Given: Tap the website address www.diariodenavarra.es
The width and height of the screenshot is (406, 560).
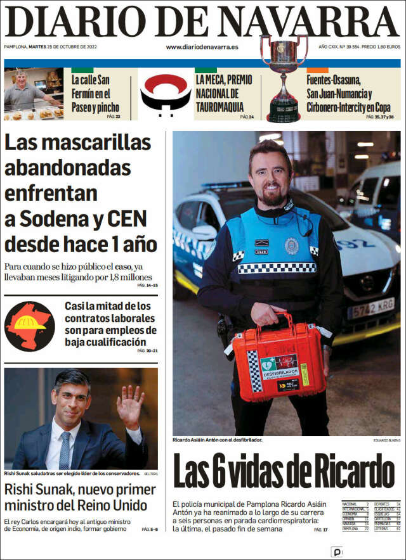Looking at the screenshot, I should (202, 47).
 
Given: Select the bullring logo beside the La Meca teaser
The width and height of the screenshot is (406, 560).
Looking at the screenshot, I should (165, 95).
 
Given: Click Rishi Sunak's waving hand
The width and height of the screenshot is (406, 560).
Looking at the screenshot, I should (129, 406).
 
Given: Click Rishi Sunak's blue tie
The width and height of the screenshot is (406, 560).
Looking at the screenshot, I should (64, 450).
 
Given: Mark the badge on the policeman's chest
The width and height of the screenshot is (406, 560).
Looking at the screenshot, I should (291, 246).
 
